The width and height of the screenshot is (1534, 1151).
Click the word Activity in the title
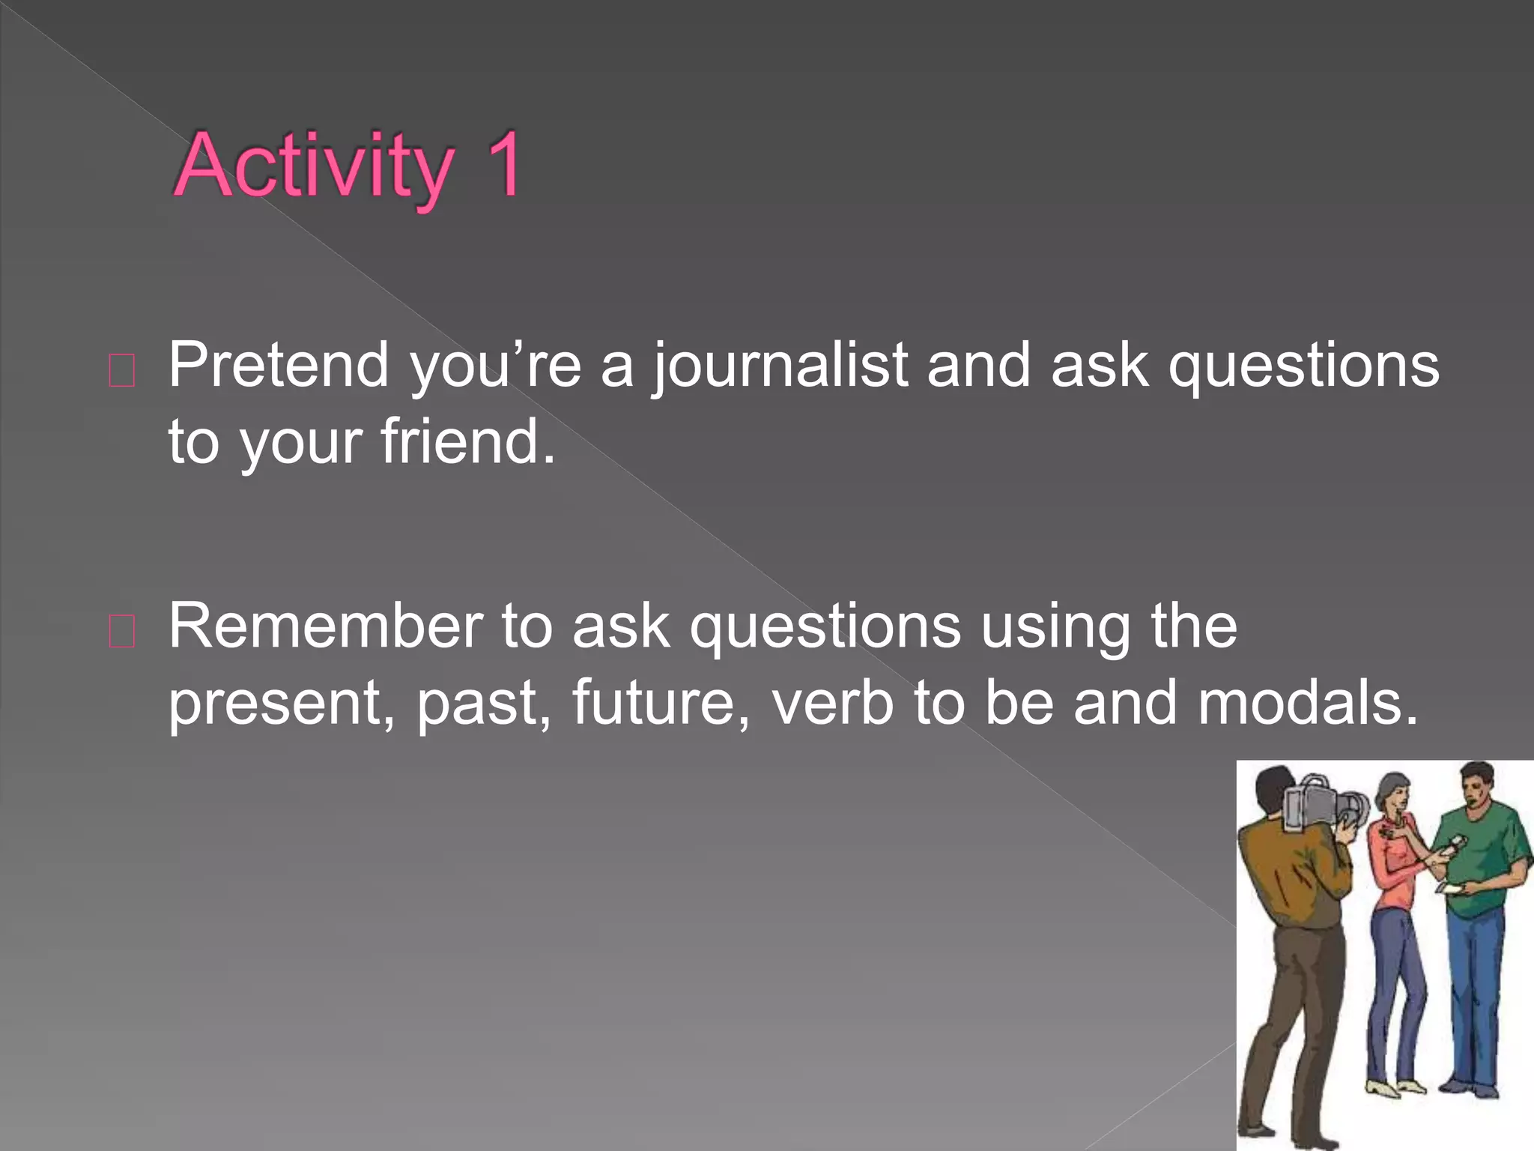pyautogui.click(x=313, y=166)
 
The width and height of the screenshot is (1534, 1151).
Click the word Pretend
pyautogui.click(x=278, y=365)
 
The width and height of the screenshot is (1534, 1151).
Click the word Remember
pyautogui.click(x=325, y=626)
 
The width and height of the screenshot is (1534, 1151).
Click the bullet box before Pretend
pyautogui.click(x=122, y=371)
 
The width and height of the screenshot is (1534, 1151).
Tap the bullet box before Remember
pyautogui.click(x=122, y=632)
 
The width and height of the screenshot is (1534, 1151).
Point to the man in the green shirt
pyautogui.click(x=1479, y=862)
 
